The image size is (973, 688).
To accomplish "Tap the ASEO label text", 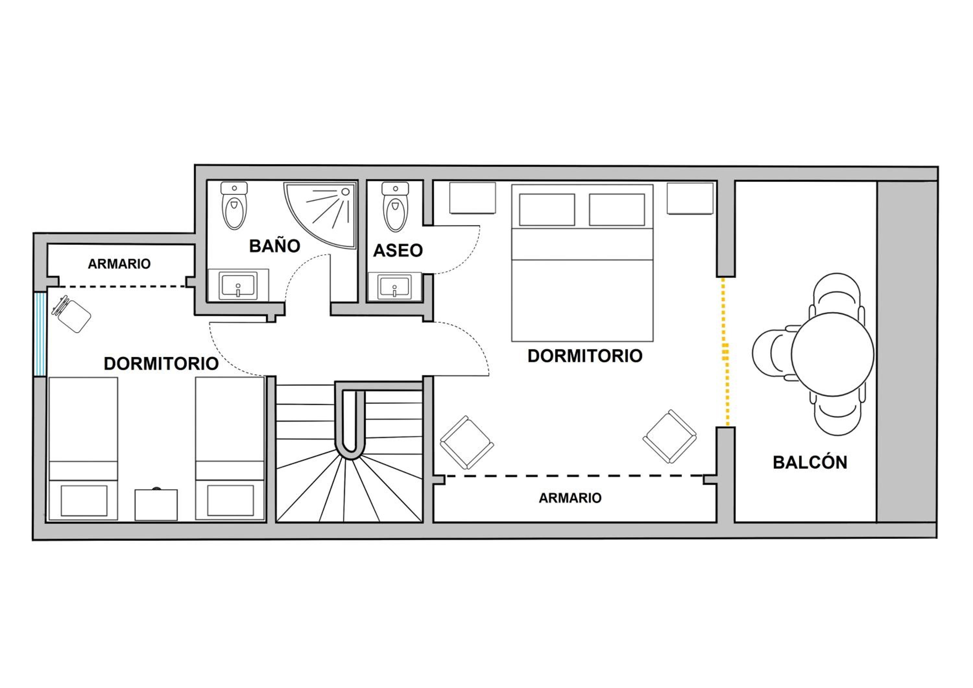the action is [x=398, y=251].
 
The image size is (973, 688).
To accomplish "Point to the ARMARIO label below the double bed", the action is [x=570, y=498].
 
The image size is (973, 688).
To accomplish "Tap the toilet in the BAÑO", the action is [x=234, y=206].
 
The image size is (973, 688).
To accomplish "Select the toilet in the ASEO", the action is [x=395, y=206].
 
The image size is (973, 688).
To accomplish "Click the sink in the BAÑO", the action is [x=238, y=285].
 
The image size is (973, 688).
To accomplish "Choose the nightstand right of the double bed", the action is [x=690, y=198].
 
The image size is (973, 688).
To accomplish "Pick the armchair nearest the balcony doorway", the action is [x=669, y=436].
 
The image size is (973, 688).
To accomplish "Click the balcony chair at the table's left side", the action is [x=774, y=351].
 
